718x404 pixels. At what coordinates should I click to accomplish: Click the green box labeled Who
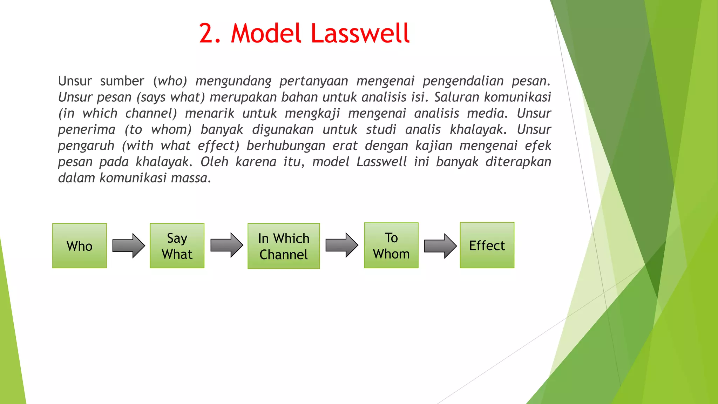tap(80, 246)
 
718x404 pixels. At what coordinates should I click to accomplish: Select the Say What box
tap(177, 246)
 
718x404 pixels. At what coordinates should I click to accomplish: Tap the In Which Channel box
tap(284, 246)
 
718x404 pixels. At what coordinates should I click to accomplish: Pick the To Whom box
tap(391, 245)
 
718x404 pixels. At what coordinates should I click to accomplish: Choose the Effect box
tap(487, 245)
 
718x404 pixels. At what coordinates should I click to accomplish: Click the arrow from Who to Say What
tap(128, 246)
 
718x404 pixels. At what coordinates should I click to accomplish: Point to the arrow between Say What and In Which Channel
tap(226, 245)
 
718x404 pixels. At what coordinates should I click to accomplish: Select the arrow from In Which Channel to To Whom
tap(341, 245)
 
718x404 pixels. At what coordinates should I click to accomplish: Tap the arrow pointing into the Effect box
tap(440, 246)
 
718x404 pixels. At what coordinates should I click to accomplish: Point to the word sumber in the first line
tap(122, 81)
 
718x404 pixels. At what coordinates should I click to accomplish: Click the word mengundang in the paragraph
tap(233, 81)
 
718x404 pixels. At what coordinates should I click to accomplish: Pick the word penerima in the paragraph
tap(87, 130)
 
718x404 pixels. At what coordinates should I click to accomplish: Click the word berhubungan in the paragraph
tap(286, 146)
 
